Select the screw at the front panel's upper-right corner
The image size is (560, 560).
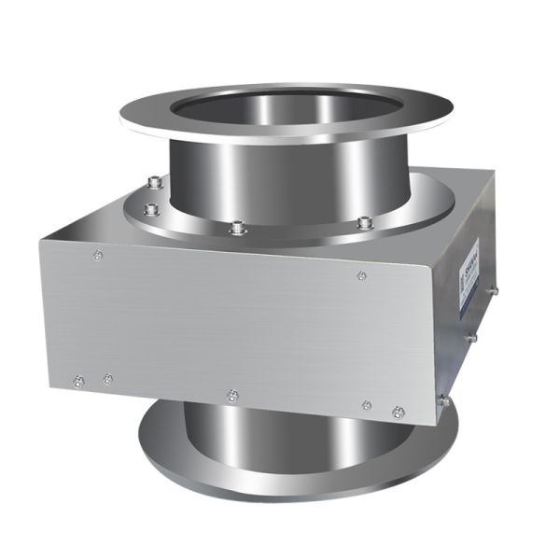pos(361,274)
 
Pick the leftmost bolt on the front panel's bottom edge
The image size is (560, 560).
pos(77,379)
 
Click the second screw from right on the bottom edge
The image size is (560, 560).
pos(366,406)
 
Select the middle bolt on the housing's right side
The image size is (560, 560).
pos(471,336)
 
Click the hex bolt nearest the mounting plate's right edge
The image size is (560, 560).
pos(365,222)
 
